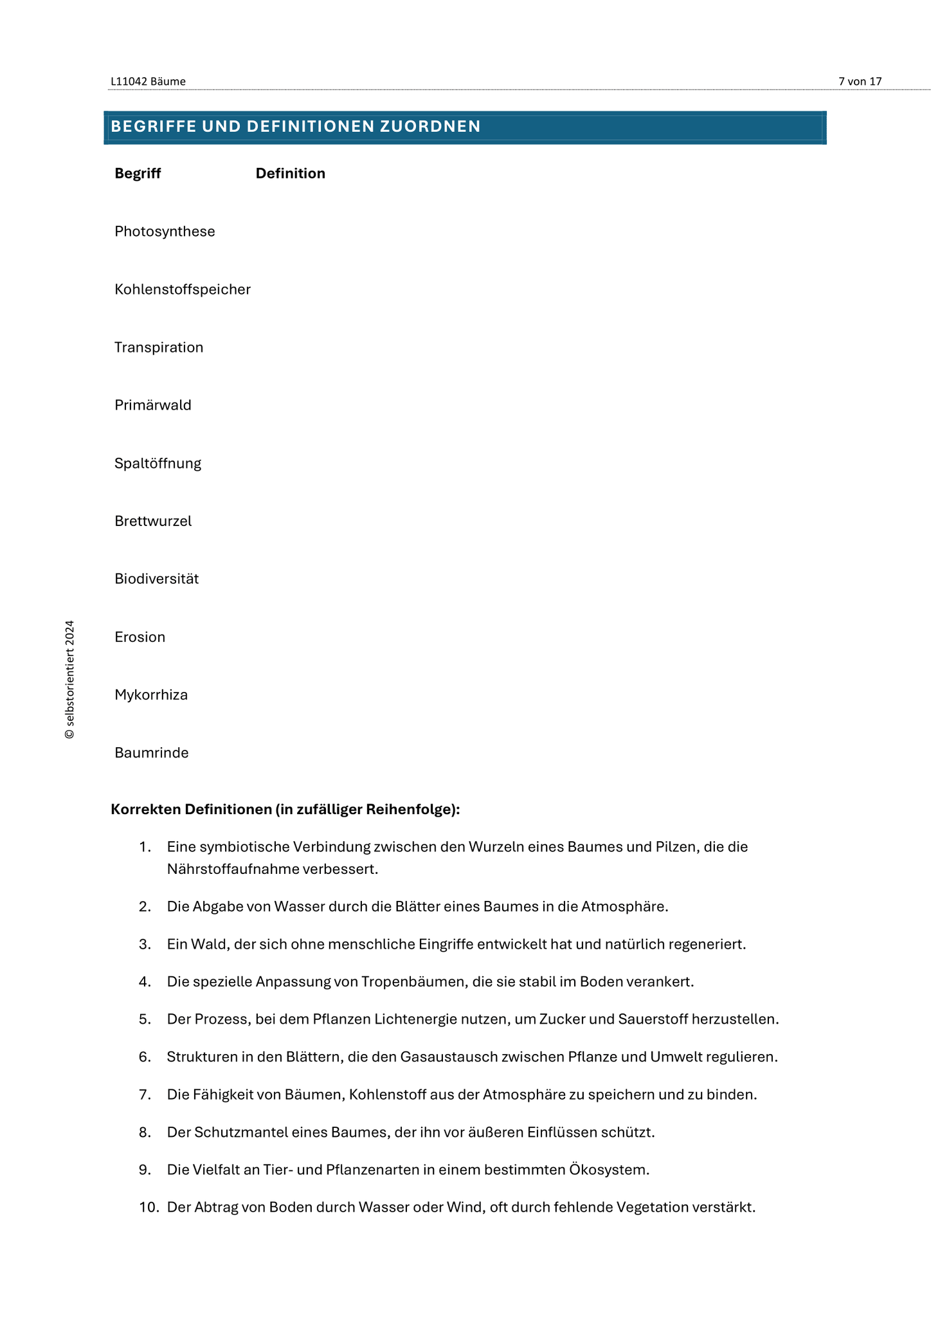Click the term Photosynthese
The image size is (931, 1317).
click(165, 232)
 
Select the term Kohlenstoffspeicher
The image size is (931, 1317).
click(183, 289)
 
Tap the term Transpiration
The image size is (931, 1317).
click(159, 347)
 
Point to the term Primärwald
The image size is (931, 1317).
click(153, 405)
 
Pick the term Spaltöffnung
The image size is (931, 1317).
click(158, 463)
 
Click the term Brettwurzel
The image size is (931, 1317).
click(153, 521)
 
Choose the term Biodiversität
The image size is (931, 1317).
click(157, 579)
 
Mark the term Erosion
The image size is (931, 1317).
click(140, 637)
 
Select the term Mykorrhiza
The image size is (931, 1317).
click(151, 695)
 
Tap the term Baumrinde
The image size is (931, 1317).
click(152, 752)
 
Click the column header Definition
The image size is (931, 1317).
click(291, 174)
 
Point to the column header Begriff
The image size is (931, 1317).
click(138, 174)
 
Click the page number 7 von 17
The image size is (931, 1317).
click(860, 82)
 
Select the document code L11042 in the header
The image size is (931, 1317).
click(129, 82)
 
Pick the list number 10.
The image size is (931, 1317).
click(149, 1207)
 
